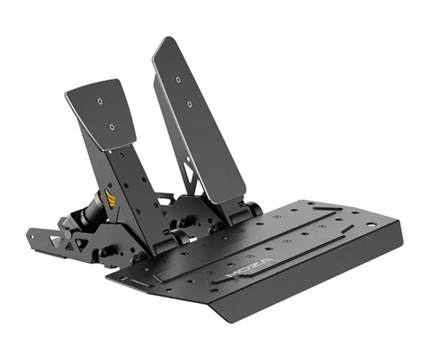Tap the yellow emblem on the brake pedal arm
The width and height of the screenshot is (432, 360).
click(110, 198)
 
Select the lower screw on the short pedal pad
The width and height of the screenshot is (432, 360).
click(112, 127)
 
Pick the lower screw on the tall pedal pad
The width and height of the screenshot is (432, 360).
click(189, 104)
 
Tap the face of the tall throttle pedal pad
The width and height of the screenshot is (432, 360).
click(198, 122)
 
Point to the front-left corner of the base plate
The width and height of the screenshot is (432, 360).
click(108, 275)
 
